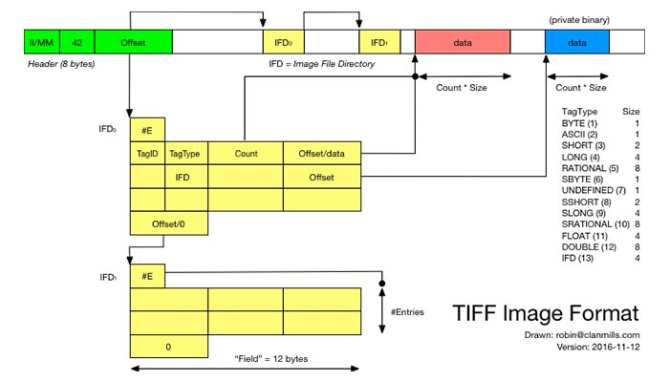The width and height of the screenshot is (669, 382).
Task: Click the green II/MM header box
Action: click(x=42, y=42)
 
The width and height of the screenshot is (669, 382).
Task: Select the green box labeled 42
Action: click(x=77, y=42)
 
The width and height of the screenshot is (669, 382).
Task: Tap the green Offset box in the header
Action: click(x=134, y=42)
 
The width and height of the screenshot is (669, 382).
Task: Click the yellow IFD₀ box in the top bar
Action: click(x=282, y=42)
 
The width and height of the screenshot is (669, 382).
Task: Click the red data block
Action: click(x=463, y=42)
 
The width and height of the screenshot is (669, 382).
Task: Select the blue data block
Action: click(x=577, y=42)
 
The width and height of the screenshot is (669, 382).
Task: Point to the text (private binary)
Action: click(x=579, y=19)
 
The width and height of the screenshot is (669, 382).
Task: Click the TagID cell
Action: click(x=147, y=153)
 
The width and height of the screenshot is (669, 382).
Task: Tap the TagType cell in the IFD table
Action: click(x=186, y=153)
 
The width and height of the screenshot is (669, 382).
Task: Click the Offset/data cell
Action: click(x=322, y=153)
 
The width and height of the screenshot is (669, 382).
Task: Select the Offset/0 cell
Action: click(x=167, y=223)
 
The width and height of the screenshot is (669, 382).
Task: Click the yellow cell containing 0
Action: click(x=167, y=346)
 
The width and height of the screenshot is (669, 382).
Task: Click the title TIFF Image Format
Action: click(x=545, y=312)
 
